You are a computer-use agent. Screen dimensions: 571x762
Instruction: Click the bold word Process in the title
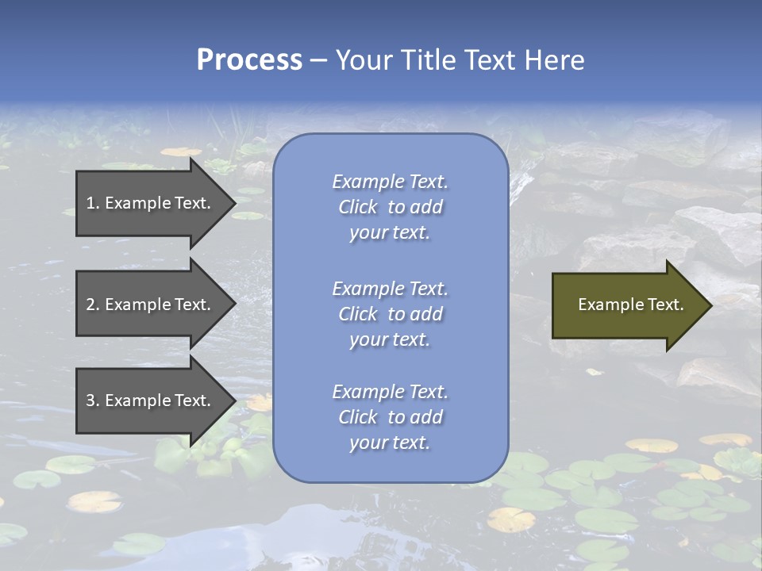249,59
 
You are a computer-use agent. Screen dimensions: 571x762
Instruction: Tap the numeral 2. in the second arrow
92,305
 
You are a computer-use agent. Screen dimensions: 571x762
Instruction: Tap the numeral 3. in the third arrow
92,400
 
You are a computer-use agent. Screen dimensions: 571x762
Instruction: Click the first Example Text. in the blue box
390,182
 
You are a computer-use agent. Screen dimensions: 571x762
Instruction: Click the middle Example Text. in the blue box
390,289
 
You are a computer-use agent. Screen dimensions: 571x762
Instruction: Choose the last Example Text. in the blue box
390,392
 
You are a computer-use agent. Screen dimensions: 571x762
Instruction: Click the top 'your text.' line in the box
390,233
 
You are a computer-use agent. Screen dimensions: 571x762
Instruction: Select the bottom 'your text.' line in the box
390,443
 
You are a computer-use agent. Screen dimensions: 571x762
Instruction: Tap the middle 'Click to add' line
390,314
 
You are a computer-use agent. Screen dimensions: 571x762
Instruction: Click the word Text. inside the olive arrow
665,305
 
